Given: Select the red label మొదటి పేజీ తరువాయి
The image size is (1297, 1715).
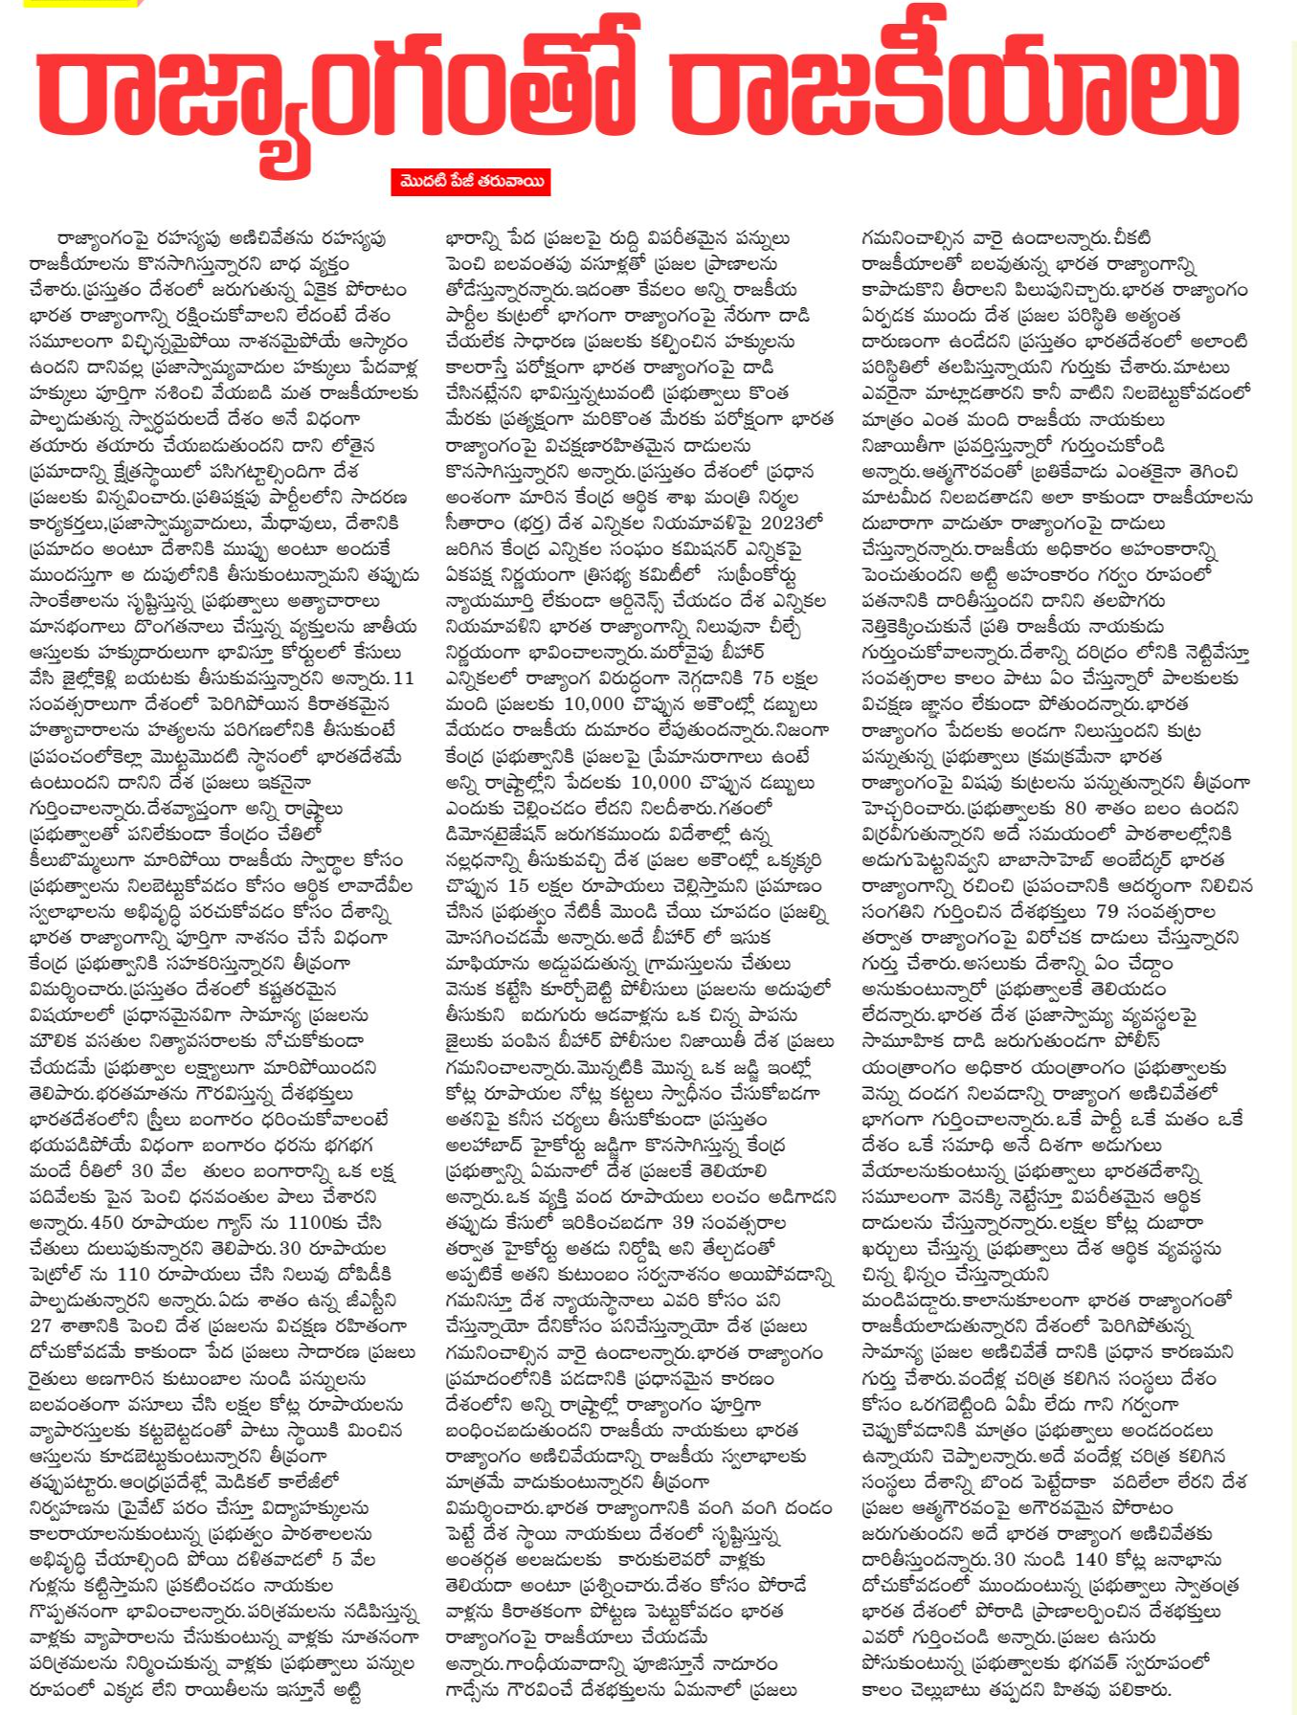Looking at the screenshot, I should [470, 182].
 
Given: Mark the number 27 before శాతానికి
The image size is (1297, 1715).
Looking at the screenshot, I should [41, 1326].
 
